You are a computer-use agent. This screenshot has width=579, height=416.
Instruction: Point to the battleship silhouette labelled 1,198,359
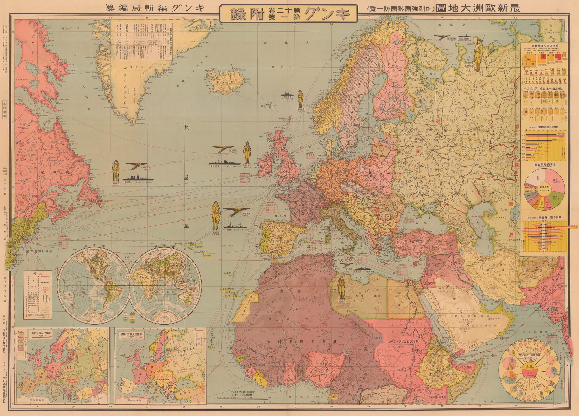[x=224, y=163]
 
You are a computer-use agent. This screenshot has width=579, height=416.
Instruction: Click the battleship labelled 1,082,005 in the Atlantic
[x=138, y=178]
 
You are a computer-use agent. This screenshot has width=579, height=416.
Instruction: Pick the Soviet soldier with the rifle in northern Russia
[x=477, y=54]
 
